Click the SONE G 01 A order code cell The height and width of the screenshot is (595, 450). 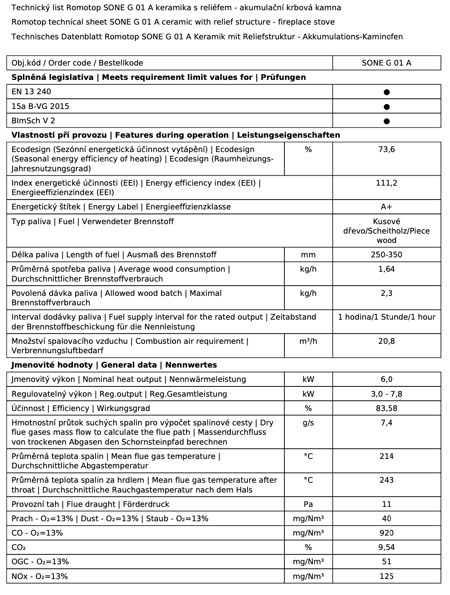tap(386, 63)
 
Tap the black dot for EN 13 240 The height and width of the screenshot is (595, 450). tap(386, 92)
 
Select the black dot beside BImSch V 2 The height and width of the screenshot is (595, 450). tap(386, 121)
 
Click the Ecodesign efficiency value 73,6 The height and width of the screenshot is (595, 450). tap(386, 150)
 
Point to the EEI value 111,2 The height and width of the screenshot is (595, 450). tap(386, 183)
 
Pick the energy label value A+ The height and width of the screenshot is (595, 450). tap(386, 207)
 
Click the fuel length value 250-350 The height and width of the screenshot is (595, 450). tap(386, 255)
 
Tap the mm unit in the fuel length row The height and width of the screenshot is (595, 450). tap(308, 255)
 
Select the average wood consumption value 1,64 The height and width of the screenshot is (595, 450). tap(386, 269)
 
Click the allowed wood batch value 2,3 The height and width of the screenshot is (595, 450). tap(386, 293)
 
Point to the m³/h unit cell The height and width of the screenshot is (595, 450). tap(308, 341)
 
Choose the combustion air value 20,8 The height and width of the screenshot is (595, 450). tap(386, 341)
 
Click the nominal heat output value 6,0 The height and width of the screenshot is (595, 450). tap(386, 379)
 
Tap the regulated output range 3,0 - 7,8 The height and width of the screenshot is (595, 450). tap(386, 394)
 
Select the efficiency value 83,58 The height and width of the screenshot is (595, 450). tap(386, 409)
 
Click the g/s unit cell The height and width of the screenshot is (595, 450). tap(308, 423)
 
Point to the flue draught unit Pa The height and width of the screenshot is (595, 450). tap(308, 504)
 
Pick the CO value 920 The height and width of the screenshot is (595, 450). tap(386, 533)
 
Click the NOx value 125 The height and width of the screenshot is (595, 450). tap(386, 577)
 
